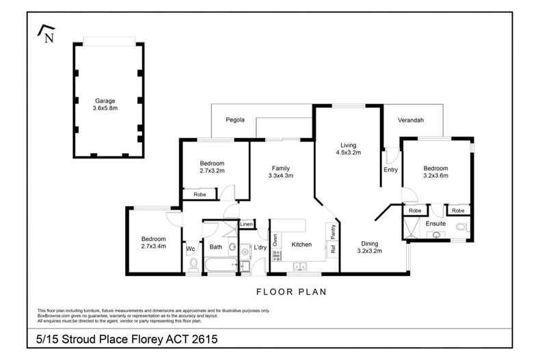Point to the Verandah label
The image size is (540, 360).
click(411, 120)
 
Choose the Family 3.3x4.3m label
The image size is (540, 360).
click(281, 171)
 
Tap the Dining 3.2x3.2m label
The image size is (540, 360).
click(369, 247)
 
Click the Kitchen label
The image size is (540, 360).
click(301, 244)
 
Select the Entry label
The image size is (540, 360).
click(391, 169)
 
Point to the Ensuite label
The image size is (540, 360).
click(435, 223)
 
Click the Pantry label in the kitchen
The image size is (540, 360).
click(334, 232)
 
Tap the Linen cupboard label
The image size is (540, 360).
click(247, 225)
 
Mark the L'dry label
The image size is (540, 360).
click(260, 247)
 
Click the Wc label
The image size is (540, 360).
click(191, 248)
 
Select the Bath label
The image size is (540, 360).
click(216, 247)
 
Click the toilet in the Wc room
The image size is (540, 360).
click(192, 264)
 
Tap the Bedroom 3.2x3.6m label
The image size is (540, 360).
click(435, 172)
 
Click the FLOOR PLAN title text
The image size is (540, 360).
click(291, 292)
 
